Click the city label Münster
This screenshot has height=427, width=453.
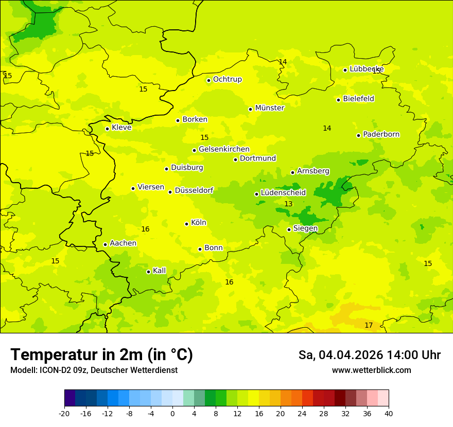click(x=269, y=108)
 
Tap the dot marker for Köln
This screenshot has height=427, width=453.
click(x=187, y=224)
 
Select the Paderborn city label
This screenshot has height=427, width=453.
click(x=381, y=134)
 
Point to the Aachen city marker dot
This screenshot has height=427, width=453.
click(x=106, y=244)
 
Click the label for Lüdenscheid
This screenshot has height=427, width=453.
click(x=283, y=193)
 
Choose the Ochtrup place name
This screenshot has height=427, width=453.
click(x=227, y=79)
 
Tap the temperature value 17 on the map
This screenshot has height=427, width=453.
click(x=369, y=325)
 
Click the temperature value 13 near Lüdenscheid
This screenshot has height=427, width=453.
click(x=288, y=204)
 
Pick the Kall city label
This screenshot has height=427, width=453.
click(x=159, y=271)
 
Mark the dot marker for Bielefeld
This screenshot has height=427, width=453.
click(x=339, y=100)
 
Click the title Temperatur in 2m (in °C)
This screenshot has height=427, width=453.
click(x=101, y=354)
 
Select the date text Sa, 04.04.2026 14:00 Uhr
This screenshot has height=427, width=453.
click(x=369, y=355)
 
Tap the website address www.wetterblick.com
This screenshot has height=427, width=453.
click(x=371, y=370)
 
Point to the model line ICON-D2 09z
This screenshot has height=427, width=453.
click(x=94, y=370)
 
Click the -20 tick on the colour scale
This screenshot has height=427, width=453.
click(x=64, y=413)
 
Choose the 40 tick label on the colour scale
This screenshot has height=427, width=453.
click(x=389, y=413)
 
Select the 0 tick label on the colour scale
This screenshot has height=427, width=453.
click(x=172, y=413)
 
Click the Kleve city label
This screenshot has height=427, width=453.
click(x=121, y=128)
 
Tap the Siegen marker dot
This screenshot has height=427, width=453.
click(x=289, y=229)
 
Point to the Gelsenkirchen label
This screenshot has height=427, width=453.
click(x=224, y=149)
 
